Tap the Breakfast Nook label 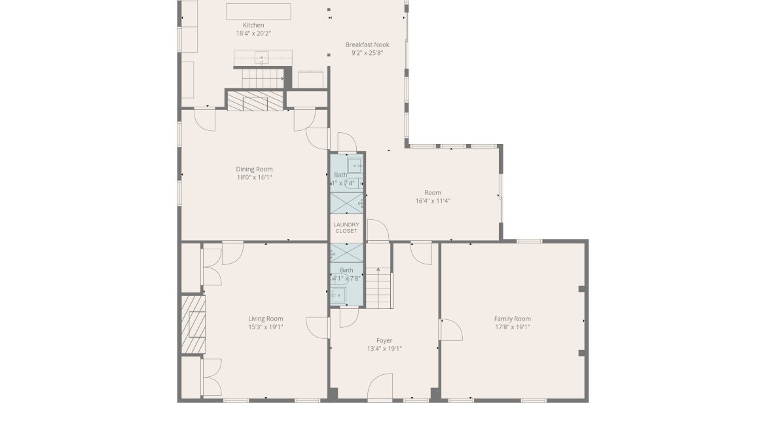tap(367, 45)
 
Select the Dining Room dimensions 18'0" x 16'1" tap(254, 177)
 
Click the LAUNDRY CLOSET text tap(346, 228)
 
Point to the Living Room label tap(265, 319)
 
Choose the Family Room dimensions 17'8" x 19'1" tap(512, 327)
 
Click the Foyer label tap(384, 340)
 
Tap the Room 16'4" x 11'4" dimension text tap(433, 201)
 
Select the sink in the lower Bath tap(338, 295)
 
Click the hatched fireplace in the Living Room tap(193, 325)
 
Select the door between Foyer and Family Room tap(450, 330)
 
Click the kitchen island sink tap(263, 58)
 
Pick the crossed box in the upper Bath tap(346, 203)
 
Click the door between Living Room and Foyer tap(318, 327)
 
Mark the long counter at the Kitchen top tap(259, 11)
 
